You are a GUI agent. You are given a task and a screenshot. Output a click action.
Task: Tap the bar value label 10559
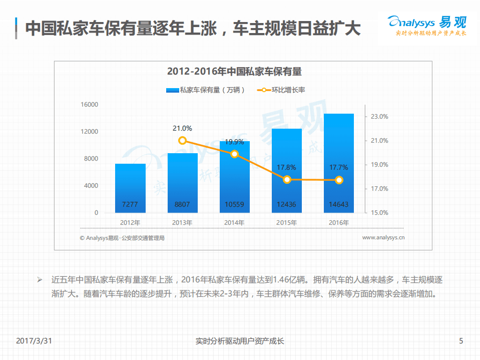click(x=235, y=204)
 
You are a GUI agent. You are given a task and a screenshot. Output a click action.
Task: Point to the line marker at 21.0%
click(x=183, y=141)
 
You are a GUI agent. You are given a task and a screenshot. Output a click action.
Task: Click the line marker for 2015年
click(x=287, y=179)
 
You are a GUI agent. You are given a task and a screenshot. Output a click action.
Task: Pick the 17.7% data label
click(x=339, y=167)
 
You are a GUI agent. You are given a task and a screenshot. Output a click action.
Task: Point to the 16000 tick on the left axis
click(x=90, y=105)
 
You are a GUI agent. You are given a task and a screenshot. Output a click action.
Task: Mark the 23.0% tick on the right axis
click(x=379, y=117)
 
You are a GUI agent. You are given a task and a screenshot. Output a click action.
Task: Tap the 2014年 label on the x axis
click(x=235, y=222)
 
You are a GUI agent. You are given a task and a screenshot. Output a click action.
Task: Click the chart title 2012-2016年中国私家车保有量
click(x=234, y=72)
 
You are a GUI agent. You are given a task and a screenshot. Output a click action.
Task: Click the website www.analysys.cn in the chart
click(x=383, y=238)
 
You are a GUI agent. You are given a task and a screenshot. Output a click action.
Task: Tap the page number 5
click(x=461, y=341)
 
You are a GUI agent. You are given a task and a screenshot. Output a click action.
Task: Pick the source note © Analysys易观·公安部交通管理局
click(x=122, y=238)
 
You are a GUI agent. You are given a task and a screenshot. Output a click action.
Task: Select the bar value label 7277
click(x=130, y=204)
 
